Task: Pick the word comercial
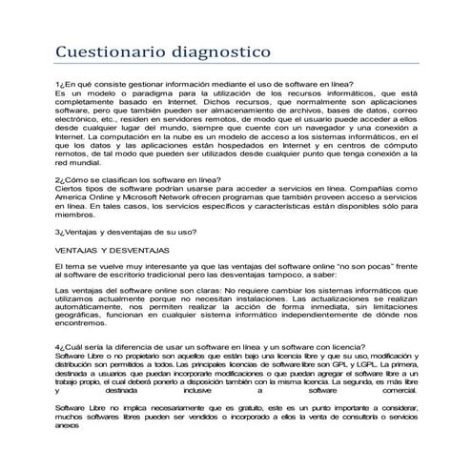[394, 390]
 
